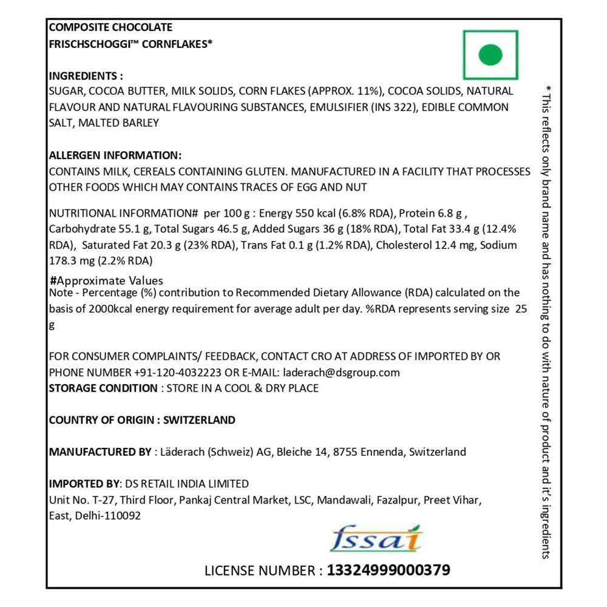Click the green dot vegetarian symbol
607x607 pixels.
[x=490, y=55]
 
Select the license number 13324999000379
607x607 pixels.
[x=388, y=570]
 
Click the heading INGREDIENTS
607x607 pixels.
[x=86, y=76]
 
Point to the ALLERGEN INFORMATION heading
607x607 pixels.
[x=115, y=155]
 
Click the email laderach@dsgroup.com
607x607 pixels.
[x=340, y=373]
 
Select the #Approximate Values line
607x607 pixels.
[x=106, y=280]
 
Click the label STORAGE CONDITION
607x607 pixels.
[x=103, y=388]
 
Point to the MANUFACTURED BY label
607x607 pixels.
[x=100, y=452]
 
